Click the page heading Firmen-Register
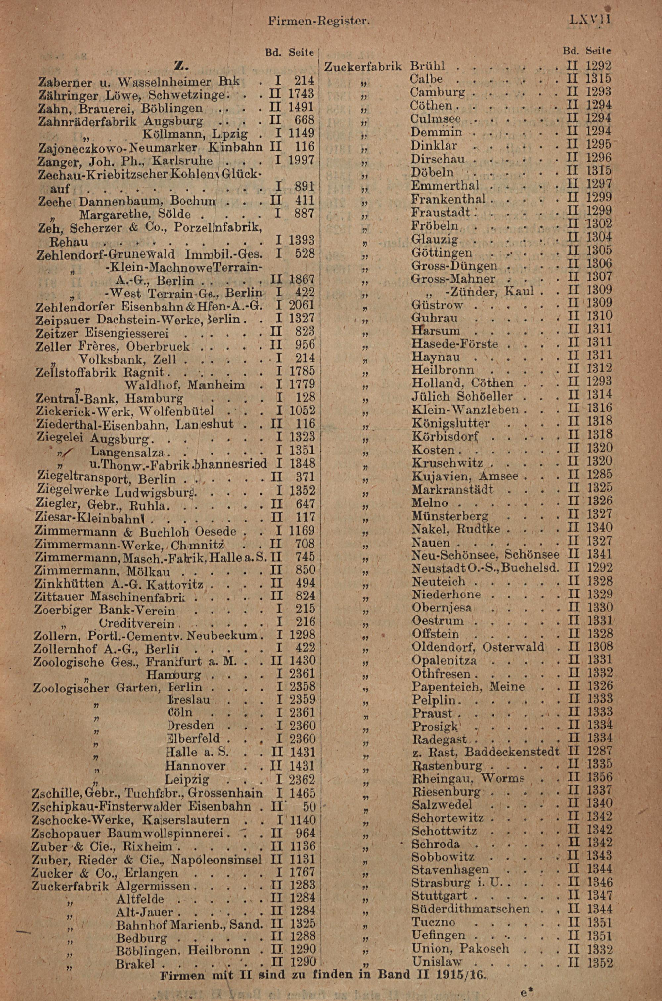(x=319, y=20)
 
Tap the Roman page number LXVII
(x=590, y=20)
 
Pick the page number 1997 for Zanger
(x=302, y=160)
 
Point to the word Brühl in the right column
(x=428, y=66)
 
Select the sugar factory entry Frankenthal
(x=448, y=198)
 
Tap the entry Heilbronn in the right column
(x=443, y=370)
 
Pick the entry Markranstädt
(x=452, y=490)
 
